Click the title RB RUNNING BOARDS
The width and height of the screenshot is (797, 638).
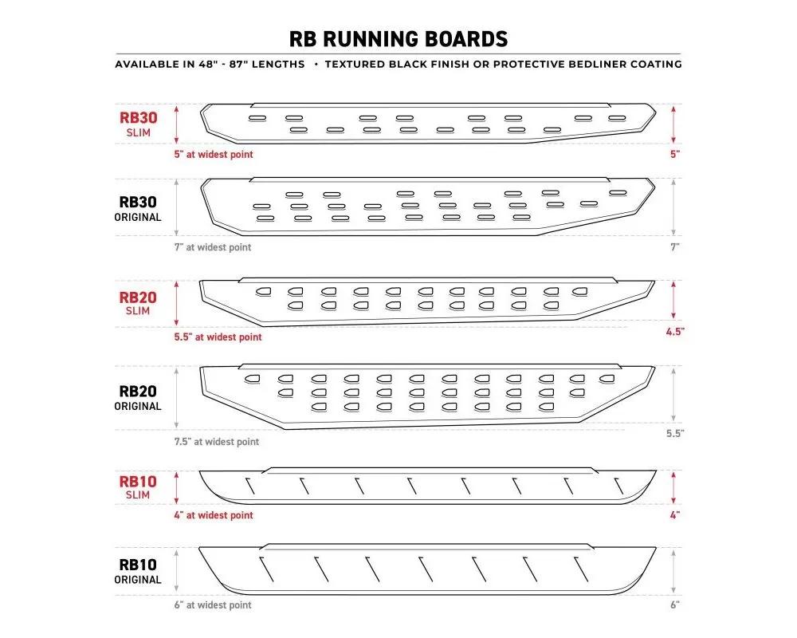(x=398, y=39)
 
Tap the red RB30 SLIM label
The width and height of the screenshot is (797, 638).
(x=138, y=124)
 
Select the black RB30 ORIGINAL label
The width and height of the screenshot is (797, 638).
(x=138, y=209)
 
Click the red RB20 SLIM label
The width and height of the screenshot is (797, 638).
(x=138, y=303)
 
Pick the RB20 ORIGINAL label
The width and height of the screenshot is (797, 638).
(x=138, y=398)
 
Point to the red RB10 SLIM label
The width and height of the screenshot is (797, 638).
(x=138, y=487)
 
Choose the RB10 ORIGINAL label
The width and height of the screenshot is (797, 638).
(x=138, y=571)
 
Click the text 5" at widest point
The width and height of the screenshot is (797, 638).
(x=214, y=154)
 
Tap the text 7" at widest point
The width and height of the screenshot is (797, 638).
(x=213, y=247)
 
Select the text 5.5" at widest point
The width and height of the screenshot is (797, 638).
(x=218, y=337)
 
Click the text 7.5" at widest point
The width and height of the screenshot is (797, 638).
(x=217, y=442)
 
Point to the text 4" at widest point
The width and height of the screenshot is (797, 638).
(x=214, y=515)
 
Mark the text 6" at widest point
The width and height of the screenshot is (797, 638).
(x=213, y=605)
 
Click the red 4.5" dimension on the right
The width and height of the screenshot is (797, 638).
(x=675, y=332)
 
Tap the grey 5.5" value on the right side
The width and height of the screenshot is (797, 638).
(x=675, y=434)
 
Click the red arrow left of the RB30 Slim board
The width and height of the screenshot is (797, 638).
(x=177, y=124)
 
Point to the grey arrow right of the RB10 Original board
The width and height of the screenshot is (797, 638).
(x=673, y=571)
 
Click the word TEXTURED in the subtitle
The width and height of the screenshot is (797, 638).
(x=355, y=64)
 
